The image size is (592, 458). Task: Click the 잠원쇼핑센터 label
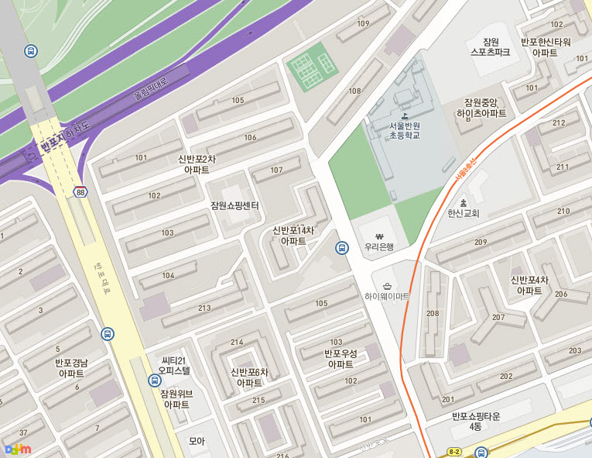(x=234, y=205)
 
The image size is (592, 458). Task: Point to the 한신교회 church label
(x=464, y=213)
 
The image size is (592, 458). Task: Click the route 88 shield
(x=80, y=192)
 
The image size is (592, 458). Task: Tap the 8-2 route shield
(x=454, y=451)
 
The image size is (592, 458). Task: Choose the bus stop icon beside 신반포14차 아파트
(x=341, y=248)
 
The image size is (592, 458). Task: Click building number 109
(x=363, y=24)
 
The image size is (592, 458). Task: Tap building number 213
(x=204, y=308)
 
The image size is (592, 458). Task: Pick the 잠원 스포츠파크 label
(x=491, y=46)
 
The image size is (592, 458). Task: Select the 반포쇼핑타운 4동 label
(x=476, y=422)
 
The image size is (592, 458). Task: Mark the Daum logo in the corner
(x=18, y=448)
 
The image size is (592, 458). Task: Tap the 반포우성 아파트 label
(x=340, y=359)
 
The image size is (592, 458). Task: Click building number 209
(x=481, y=243)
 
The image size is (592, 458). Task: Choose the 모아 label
(x=197, y=441)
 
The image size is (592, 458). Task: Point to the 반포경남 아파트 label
(x=71, y=368)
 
